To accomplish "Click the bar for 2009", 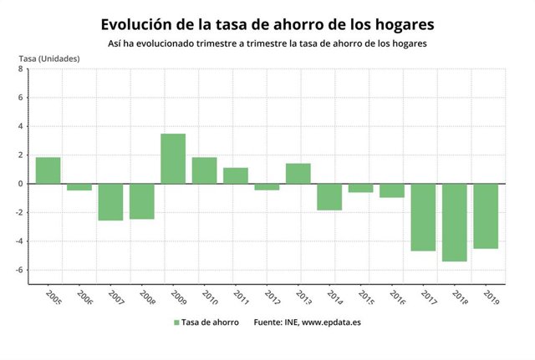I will pyautogui.click(x=173, y=159).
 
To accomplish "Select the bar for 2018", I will pyautogui.click(x=455, y=222).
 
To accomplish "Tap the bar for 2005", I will pyautogui.click(x=48, y=170).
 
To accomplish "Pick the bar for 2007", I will pyautogui.click(x=110, y=202).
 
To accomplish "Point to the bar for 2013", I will pyautogui.click(x=298, y=174).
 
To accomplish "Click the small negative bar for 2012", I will pyautogui.click(x=267, y=187).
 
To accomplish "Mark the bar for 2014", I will pyautogui.click(x=329, y=197).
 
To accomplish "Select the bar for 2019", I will pyautogui.click(x=486, y=216).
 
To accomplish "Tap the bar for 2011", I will pyautogui.click(x=236, y=175).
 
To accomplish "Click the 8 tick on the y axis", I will pyautogui.click(x=21, y=69).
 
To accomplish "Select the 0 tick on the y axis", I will pyautogui.click(x=21, y=184).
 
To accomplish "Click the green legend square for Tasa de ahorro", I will pyautogui.click(x=177, y=322).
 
